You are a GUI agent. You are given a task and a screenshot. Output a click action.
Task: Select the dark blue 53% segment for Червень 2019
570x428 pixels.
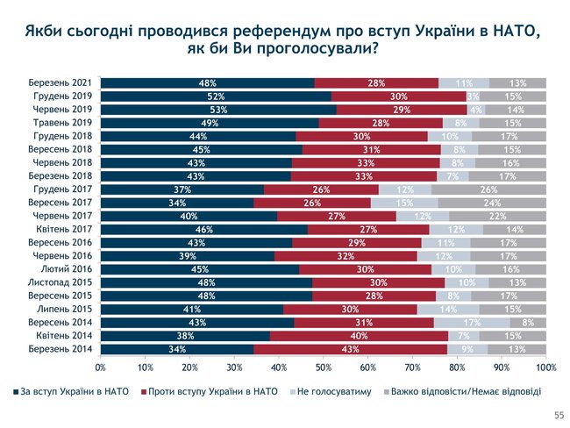pos(218,109)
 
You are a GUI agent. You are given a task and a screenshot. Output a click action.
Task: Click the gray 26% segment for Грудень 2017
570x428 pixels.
pos(488,189)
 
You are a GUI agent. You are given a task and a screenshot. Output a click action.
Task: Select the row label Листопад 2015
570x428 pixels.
pos(66,282)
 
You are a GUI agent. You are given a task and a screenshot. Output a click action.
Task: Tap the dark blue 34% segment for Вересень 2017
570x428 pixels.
pos(177,202)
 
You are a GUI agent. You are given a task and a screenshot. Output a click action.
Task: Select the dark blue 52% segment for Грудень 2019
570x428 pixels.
pos(217,96)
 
